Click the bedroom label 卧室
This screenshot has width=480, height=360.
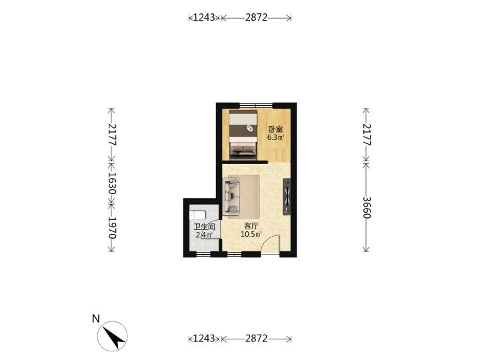click(275, 129)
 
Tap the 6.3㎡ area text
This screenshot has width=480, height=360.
click(275, 137)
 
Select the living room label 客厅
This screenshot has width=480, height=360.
click(251, 226)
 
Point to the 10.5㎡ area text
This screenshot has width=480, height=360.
click(251, 235)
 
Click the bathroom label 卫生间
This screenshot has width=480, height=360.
click(204, 227)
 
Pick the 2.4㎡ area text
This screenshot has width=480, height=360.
click(204, 235)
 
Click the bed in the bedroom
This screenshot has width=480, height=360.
click(243, 135)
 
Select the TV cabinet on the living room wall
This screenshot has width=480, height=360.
click(287, 197)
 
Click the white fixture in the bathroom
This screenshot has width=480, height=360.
click(197, 215)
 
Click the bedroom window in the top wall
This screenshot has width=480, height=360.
click(256, 105)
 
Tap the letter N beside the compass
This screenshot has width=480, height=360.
click(96, 319)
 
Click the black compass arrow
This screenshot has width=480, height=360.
click(113, 337)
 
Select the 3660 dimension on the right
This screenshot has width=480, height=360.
click(367, 207)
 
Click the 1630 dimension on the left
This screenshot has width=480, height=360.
click(111, 184)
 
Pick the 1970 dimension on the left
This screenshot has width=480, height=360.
click(111, 228)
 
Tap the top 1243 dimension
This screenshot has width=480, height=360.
click(204, 18)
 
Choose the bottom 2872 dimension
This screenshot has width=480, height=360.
click(256, 339)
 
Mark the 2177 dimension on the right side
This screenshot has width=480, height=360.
click(367, 135)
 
